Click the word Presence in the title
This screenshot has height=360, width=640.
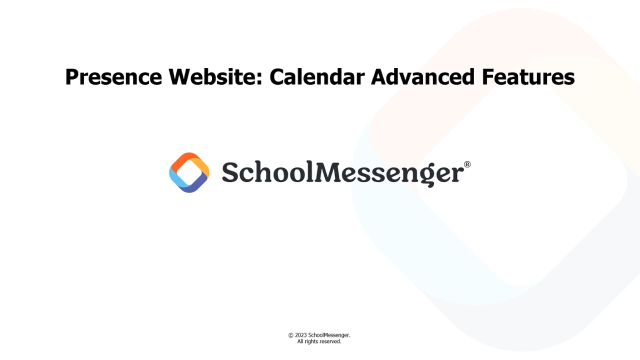113,77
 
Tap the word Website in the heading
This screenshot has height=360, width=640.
212,76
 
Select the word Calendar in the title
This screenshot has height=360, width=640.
317,76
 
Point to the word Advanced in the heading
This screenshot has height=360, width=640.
423,76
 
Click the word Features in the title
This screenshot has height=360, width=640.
528,76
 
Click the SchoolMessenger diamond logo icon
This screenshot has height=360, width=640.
189,172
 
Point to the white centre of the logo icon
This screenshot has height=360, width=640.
189,172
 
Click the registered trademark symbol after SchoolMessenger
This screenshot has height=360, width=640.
467,164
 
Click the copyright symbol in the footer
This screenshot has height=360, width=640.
291,335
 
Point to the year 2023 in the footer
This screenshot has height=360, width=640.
301,335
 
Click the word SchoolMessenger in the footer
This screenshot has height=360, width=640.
329,335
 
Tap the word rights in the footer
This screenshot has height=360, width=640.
311,342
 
